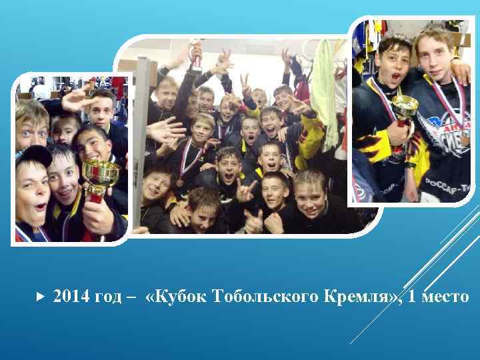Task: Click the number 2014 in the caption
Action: pyautogui.click(x=70, y=296)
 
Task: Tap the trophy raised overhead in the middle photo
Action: pyautogui.click(x=195, y=54)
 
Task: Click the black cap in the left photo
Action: pyautogui.click(x=32, y=156)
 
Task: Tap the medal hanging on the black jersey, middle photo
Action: pyautogui.click(x=180, y=182)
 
